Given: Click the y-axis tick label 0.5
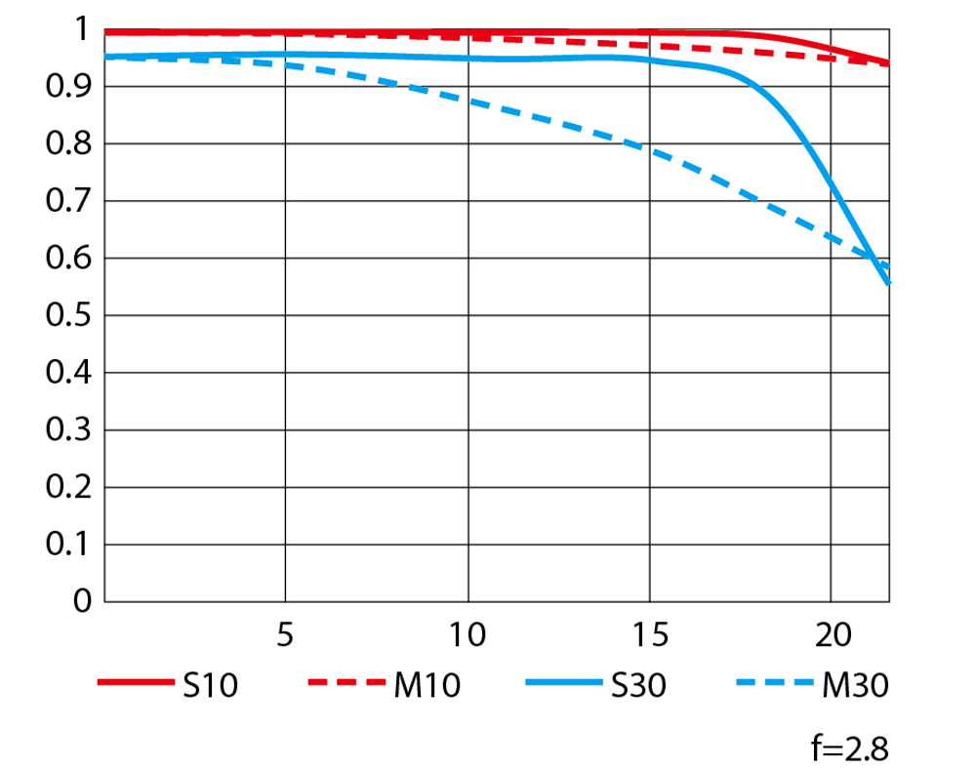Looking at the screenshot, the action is click(x=68, y=315).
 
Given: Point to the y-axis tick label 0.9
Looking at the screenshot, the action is click(x=68, y=87).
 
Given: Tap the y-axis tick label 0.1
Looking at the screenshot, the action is click(x=68, y=545).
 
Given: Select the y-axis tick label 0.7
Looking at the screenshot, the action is click(x=68, y=201).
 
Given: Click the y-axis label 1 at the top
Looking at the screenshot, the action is click(x=82, y=29).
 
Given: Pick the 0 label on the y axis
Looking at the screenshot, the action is click(x=82, y=602).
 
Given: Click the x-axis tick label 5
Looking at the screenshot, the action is click(x=285, y=635).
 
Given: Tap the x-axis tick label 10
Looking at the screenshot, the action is click(x=468, y=635).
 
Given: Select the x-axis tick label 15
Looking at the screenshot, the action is click(x=650, y=635).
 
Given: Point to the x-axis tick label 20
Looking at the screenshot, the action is click(x=833, y=635).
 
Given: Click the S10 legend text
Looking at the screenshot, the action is click(x=211, y=686).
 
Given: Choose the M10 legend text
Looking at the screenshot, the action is click(x=427, y=686).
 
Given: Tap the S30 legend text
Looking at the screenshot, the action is click(x=638, y=686).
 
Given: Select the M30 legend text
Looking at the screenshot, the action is click(x=855, y=686).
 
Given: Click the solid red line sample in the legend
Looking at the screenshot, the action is click(x=136, y=682).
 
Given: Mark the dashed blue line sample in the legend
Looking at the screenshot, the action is click(x=775, y=682).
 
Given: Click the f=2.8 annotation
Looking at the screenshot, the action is click(x=850, y=749).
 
